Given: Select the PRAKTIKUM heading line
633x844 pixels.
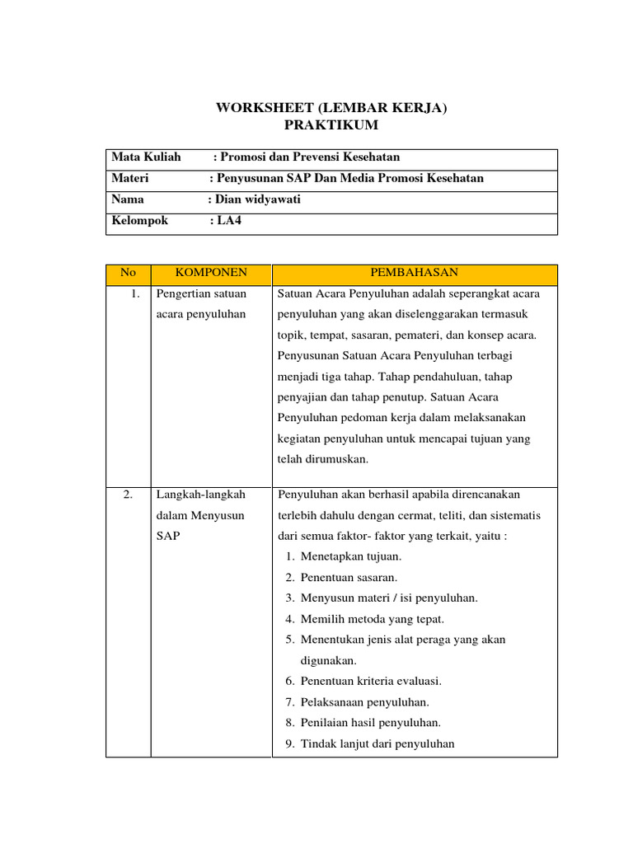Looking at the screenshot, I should pyautogui.click(x=331, y=125).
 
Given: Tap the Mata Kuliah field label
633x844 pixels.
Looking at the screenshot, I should pyautogui.click(x=146, y=157).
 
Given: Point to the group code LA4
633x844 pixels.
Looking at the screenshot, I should pyautogui.click(x=230, y=221).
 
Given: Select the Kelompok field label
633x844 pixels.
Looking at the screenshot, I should pyautogui.click(x=140, y=221).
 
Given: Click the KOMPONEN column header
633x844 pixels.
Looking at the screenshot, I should pyautogui.click(x=211, y=273).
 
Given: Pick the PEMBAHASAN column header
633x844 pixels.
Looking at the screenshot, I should pyautogui.click(x=415, y=273).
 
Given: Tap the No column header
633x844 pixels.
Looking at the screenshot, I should pyautogui.click(x=128, y=273).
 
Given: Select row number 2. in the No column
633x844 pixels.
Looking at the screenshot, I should pyautogui.click(x=128, y=495).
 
